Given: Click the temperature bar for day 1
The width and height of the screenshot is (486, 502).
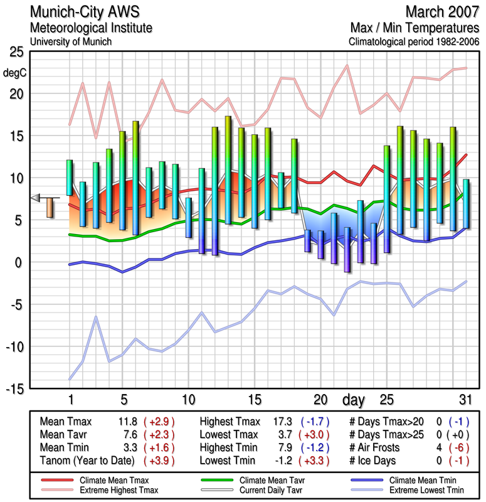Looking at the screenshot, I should [x=70, y=178].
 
